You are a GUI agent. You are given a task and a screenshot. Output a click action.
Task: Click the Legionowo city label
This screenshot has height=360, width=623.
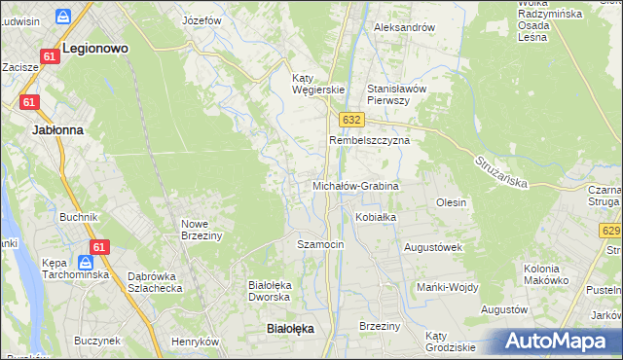pos(95,46)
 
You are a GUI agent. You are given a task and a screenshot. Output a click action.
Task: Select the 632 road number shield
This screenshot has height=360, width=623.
pos(352,119)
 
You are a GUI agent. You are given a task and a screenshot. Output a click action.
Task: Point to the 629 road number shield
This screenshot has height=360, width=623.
pos(611,231)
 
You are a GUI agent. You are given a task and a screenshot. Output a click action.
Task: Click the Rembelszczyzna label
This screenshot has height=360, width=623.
pos(369,140)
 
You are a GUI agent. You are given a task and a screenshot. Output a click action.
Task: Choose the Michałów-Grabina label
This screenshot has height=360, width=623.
pos(355,185)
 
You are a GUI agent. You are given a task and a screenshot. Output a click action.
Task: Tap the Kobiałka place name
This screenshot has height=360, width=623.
pos(375,217)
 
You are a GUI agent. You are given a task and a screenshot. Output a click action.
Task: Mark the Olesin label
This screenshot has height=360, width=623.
pos(452,202)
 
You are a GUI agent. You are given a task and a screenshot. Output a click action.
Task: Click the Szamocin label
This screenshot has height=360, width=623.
pos(320,244)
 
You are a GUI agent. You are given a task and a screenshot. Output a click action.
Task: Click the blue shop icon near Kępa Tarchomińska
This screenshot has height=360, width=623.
pos(85,263)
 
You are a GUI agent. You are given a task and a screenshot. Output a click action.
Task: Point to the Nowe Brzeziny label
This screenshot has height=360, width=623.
pos(202,229)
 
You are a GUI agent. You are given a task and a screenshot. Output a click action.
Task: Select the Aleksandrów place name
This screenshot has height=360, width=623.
pos(404,27)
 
